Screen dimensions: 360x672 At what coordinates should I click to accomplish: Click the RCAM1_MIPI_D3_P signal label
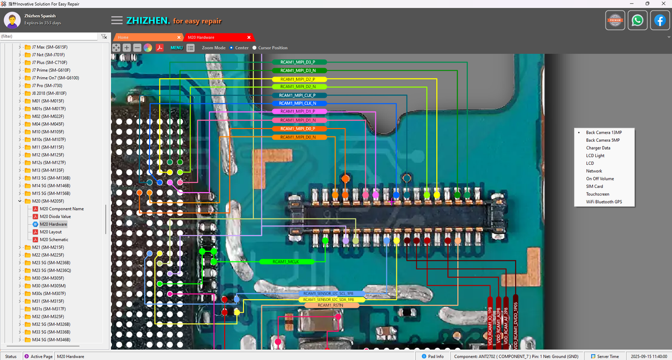click(x=300, y=62)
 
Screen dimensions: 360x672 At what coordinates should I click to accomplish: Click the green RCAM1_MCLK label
click(x=287, y=261)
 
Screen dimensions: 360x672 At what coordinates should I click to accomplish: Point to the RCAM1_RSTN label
click(x=331, y=305)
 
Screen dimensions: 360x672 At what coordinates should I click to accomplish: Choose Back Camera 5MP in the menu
click(x=603, y=140)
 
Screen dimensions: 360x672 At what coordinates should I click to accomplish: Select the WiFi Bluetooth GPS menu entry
click(x=604, y=202)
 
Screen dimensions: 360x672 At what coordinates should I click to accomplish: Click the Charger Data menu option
click(x=598, y=148)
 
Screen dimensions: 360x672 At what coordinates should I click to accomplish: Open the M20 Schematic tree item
click(x=54, y=239)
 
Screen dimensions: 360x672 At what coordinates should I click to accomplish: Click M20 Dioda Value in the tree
click(x=55, y=216)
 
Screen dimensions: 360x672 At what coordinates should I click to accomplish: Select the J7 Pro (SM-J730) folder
click(x=47, y=86)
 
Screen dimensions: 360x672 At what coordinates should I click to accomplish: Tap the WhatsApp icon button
click(x=637, y=20)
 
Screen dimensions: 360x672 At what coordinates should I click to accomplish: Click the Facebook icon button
click(x=660, y=20)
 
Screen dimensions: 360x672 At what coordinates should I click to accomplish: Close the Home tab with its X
click(x=179, y=37)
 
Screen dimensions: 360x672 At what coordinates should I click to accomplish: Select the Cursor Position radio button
click(x=255, y=48)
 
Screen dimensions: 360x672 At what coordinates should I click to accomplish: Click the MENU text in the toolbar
click(x=176, y=48)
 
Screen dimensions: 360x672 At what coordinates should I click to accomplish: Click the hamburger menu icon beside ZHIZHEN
click(x=117, y=20)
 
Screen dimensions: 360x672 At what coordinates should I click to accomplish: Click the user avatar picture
click(x=12, y=20)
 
